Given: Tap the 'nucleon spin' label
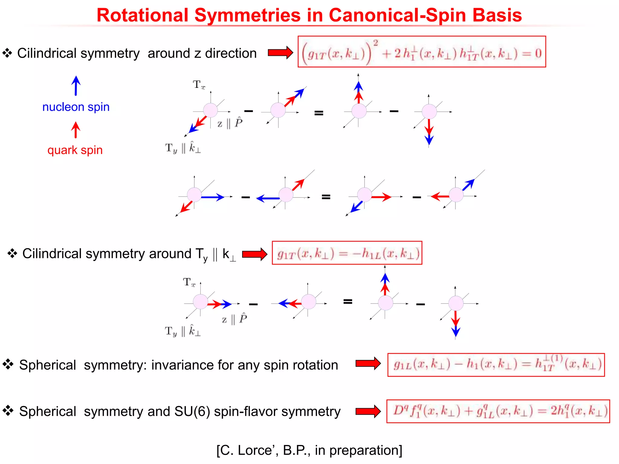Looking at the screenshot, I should tap(76, 107).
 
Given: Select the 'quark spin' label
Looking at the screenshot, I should tap(75, 150).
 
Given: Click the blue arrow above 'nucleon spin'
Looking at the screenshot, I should tap(76, 85).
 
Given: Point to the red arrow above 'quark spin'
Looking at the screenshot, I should tap(76, 130).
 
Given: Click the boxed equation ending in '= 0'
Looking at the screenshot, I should tap(422, 52).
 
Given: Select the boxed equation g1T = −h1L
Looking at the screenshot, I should tap(347, 253).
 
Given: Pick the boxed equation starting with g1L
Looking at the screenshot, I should tap(496, 365).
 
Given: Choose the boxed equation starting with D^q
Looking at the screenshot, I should tap(498, 411).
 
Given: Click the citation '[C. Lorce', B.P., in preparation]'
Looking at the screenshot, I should tap(309, 450).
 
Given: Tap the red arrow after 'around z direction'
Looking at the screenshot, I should tap(280, 53).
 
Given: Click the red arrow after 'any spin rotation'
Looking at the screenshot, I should tap(368, 363).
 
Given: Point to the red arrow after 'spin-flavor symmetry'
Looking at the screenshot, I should tap(368, 411).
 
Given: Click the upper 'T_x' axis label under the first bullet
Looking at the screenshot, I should tap(199, 85).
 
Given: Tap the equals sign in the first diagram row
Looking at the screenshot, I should tap(319, 113).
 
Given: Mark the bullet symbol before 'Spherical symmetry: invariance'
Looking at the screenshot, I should tap(8, 364).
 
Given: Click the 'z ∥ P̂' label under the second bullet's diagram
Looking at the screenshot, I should tap(234, 319).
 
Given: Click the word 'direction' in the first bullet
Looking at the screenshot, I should tap(231, 53).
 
